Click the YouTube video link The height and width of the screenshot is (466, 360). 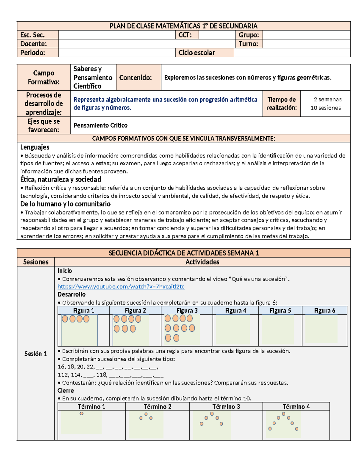pos(121,287)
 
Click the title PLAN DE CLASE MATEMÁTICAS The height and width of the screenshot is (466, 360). pos(183,26)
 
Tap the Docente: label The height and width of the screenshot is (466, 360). pos(34,44)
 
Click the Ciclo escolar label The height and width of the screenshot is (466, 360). pos(197,53)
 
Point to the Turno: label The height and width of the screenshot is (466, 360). pos(248,44)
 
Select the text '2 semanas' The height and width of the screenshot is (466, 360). pos(328,99)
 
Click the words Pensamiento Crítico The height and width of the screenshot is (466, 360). pos(100,125)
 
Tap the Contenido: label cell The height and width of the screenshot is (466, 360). pos(136,78)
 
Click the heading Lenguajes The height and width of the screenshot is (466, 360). pos(35,147)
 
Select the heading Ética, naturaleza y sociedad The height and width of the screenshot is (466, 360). pos(61,179)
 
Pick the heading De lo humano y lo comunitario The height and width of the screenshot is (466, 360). pos(65,204)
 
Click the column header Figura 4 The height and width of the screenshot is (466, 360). pos(235,311)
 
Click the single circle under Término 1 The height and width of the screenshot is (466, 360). pos(81,413)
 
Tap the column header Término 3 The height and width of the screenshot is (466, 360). pos(226,407)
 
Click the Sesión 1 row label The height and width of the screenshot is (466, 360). pos(35,354)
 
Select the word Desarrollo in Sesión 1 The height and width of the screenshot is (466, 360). pos(71,294)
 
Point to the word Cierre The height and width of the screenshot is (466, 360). pos(66,391)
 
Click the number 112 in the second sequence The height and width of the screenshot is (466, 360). pos(63,375)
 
